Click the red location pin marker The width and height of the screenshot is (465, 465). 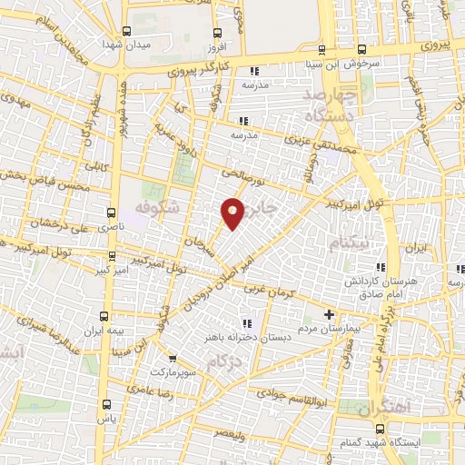(233, 213)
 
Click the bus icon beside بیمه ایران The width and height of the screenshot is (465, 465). (107, 317)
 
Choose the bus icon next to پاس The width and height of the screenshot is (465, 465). (107, 403)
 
